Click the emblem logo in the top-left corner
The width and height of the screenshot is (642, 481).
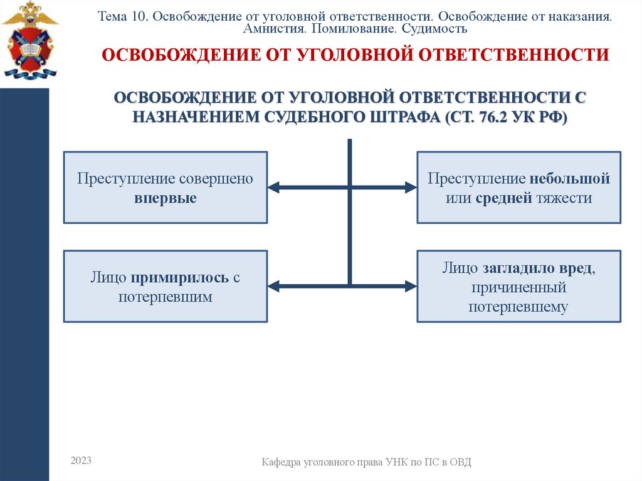[x=29, y=40]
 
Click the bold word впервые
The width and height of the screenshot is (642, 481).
[x=165, y=198]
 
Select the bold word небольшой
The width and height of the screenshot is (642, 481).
[x=569, y=179]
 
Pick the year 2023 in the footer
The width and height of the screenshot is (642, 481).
[x=81, y=461]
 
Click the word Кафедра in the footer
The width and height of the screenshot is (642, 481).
[x=281, y=463]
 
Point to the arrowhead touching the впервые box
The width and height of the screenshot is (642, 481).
[x=274, y=187]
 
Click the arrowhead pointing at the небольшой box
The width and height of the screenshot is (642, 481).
[x=410, y=187]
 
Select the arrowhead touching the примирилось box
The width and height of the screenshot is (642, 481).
[x=274, y=286]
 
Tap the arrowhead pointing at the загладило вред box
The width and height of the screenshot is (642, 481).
[x=410, y=286]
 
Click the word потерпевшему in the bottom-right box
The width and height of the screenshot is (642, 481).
[x=518, y=307]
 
